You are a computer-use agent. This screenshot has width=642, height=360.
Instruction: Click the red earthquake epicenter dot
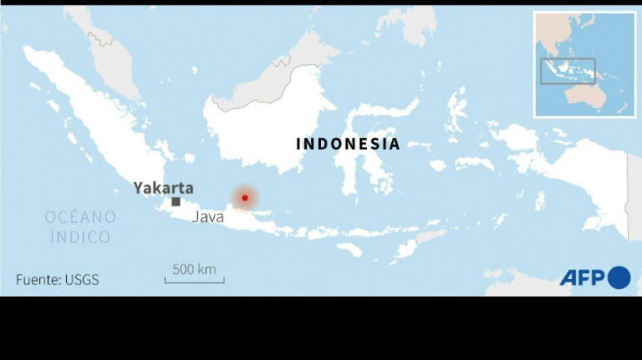click(245, 198)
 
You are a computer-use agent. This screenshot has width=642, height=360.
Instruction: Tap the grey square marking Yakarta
click(176, 201)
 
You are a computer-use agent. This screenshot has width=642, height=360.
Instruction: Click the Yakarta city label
click(163, 188)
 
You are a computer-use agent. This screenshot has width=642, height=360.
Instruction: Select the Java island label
click(208, 217)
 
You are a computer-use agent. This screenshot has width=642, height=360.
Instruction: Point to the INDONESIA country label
click(348, 144)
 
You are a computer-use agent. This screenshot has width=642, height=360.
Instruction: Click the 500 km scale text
click(194, 269)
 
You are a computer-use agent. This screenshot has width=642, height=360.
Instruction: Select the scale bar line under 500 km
click(195, 281)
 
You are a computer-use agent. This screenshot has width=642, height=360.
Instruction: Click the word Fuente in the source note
click(37, 280)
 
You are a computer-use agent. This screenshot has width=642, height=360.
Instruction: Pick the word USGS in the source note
click(82, 280)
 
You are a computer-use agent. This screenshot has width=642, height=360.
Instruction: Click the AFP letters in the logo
click(582, 278)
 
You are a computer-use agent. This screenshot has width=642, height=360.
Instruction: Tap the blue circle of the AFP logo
click(619, 278)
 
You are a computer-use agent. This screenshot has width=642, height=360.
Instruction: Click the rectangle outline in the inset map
click(568, 71)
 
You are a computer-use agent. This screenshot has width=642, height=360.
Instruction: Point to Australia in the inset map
click(585, 97)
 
